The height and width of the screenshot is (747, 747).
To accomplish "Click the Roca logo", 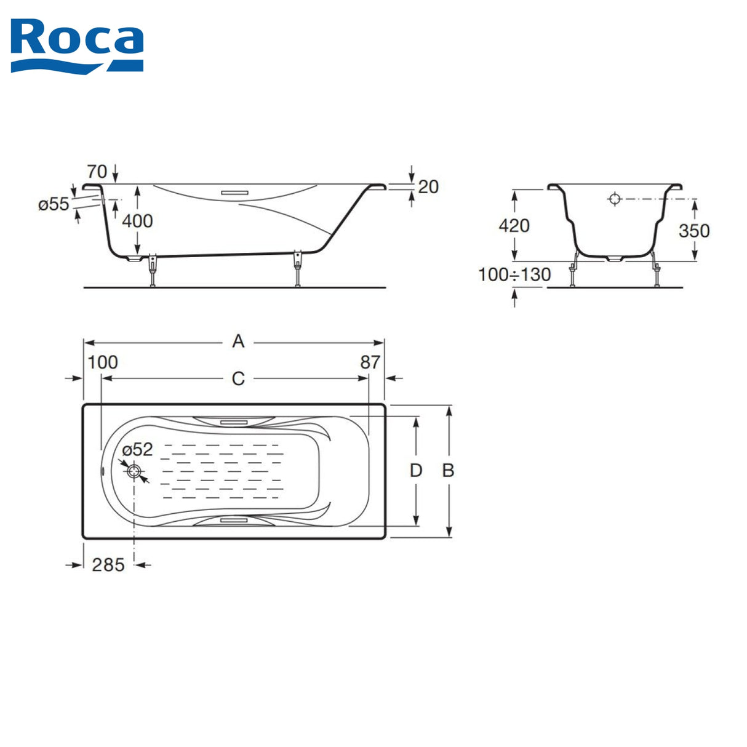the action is [x=77, y=46].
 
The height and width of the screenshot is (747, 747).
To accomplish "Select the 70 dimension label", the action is [x=97, y=171].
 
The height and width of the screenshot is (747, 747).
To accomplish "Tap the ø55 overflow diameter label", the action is [x=54, y=204].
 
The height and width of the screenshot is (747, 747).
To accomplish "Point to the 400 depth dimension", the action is [x=138, y=221].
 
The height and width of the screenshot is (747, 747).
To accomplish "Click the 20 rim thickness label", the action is [x=428, y=187].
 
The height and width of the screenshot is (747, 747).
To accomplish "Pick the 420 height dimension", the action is [x=514, y=226].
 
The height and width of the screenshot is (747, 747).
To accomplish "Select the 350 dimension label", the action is [x=694, y=231].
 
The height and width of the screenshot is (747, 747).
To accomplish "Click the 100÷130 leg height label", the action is [x=514, y=275].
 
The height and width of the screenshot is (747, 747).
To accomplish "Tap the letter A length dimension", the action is [x=238, y=342].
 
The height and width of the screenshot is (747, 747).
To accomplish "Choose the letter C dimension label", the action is [x=238, y=379].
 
